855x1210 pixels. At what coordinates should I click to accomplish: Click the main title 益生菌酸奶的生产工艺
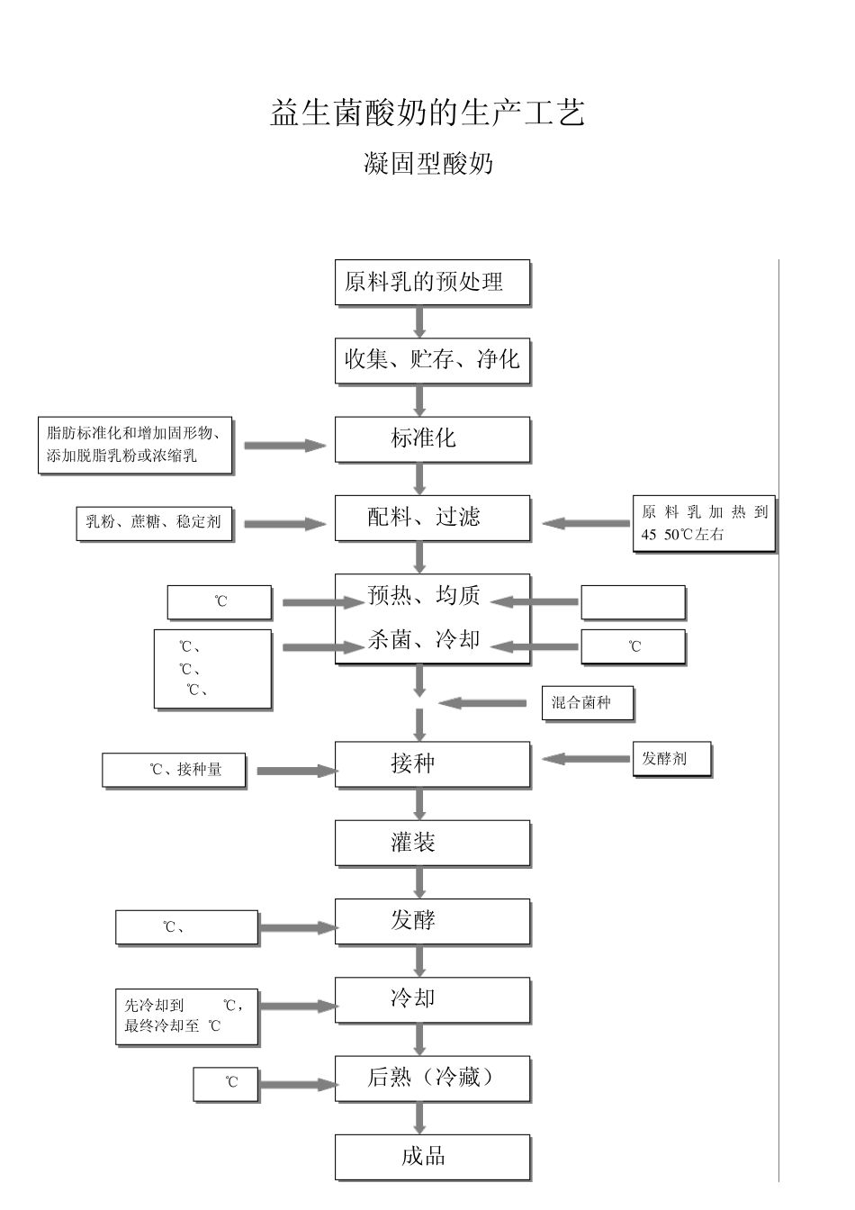427,113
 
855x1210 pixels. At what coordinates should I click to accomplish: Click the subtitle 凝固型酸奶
427,164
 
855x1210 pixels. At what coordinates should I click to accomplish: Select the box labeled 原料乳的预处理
432,283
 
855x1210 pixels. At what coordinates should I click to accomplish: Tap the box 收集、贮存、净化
432,360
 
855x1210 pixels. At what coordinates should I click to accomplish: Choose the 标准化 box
432,439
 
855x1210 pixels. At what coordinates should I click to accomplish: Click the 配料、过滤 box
432,518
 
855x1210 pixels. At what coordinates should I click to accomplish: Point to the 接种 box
432,764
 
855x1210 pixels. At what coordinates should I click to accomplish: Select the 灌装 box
432,843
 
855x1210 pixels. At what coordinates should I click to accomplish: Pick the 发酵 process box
432,921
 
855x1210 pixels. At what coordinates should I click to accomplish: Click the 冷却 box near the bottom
432,999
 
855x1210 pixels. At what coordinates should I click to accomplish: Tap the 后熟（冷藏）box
432,1078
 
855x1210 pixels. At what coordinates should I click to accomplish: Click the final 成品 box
432,1157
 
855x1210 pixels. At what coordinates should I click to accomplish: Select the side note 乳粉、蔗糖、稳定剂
153,522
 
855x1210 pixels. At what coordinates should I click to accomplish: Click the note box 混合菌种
588,703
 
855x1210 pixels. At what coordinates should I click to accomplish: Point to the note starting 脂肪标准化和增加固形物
135,445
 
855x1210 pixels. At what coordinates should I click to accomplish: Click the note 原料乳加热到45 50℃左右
704,523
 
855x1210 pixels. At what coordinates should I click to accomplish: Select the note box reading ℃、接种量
174,770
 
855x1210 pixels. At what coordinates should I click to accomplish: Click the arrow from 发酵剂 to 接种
586,759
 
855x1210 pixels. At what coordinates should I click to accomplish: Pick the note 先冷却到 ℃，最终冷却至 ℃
186,1016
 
